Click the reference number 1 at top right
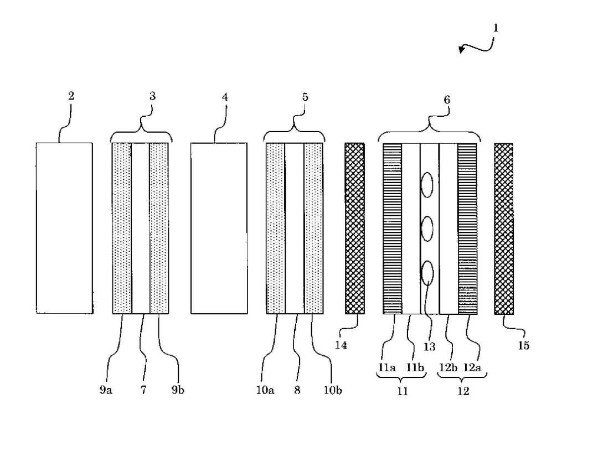tap(496, 27)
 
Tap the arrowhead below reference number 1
tap(462, 50)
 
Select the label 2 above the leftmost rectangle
tap(71, 96)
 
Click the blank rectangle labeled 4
tap(219, 229)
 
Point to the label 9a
tap(106, 390)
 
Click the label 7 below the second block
tap(143, 390)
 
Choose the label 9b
tap(178, 390)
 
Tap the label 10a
tap(265, 390)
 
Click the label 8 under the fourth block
tap(297, 390)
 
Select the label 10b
tap(333, 390)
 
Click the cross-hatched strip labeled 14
tap(354, 229)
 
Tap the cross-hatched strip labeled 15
tap(503, 229)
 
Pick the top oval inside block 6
tap(427, 185)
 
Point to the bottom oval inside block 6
tap(427, 272)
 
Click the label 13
tap(429, 347)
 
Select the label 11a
tap(388, 367)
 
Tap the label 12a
tap(473, 367)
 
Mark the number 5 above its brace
tap(305, 97)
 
